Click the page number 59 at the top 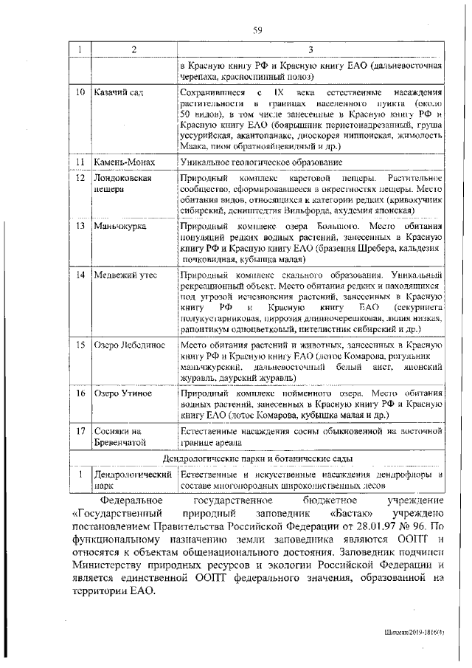258,30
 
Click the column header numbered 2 133,49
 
